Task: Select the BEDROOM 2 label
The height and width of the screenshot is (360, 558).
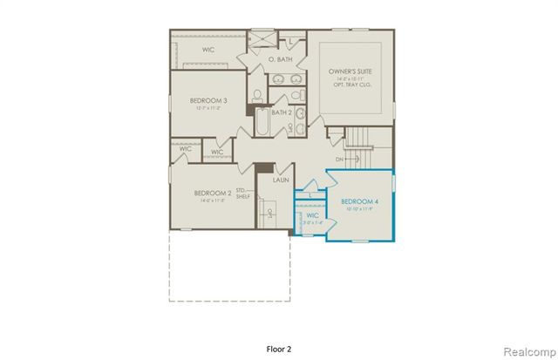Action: coord(212,193)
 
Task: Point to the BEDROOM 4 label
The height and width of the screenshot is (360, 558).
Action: coord(359,201)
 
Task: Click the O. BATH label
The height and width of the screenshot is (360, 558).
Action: coord(278,58)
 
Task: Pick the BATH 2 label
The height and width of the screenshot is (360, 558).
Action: coord(281,112)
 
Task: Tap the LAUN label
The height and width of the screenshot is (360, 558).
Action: coord(281,180)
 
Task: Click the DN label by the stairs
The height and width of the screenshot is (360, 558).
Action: coord(339,160)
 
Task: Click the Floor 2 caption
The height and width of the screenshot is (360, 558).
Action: coord(278,348)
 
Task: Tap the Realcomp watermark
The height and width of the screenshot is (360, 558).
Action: coord(529,348)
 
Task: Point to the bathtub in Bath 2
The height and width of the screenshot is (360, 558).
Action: coord(262,122)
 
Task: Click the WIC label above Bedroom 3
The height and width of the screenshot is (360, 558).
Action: coord(208,50)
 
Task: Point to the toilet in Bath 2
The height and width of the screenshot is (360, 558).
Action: coord(297,114)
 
